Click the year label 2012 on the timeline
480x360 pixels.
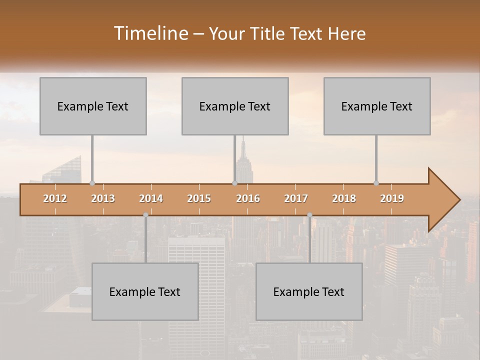pos(55,198)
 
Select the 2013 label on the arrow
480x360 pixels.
pos(103,198)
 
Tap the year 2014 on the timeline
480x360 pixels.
pos(151,198)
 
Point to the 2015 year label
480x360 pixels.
pos(199,198)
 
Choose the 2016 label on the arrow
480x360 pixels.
pos(248,198)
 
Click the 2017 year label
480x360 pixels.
pos(296,198)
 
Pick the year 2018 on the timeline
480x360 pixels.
pos(344,198)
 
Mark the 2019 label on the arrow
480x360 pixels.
pos(392,198)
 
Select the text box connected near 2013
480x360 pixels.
pos(93,106)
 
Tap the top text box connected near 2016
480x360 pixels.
pos(235,106)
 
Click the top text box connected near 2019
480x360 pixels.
pos(377,106)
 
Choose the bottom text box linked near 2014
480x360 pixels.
pos(145,291)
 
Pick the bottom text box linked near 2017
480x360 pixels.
pos(309,291)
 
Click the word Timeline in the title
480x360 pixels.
pos(150,33)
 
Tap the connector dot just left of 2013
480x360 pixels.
pos(92,183)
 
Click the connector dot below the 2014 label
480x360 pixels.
pos(145,215)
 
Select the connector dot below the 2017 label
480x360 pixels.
pos(309,215)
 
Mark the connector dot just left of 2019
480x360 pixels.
pos(376,183)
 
